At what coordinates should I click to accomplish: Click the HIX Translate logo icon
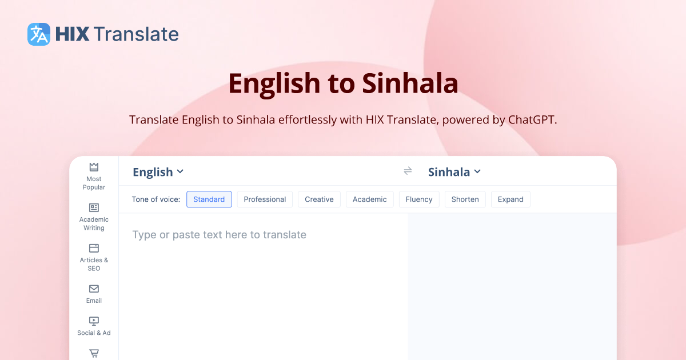tap(39, 34)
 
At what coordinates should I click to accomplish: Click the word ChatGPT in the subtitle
tap(532, 120)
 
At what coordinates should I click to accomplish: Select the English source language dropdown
tap(158, 172)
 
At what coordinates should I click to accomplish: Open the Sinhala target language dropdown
tap(454, 172)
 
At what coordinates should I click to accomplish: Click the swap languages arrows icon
tap(408, 171)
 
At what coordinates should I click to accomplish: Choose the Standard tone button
tap(209, 199)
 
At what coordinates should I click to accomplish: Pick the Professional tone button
tap(265, 199)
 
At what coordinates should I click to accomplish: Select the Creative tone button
tap(319, 199)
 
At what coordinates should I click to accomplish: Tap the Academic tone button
tap(369, 199)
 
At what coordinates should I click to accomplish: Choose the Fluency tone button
tap(419, 199)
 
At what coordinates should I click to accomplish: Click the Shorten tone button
tap(465, 199)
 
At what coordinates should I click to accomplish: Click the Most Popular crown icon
tap(94, 167)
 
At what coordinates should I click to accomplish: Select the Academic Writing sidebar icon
tap(94, 207)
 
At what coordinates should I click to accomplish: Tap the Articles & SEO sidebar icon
tap(94, 248)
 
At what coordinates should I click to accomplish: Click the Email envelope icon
tap(94, 289)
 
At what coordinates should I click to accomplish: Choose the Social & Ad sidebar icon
tap(94, 321)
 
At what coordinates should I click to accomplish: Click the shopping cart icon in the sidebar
tap(94, 353)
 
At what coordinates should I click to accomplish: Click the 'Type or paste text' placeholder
tap(220, 235)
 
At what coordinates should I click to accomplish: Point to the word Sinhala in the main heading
tap(410, 83)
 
